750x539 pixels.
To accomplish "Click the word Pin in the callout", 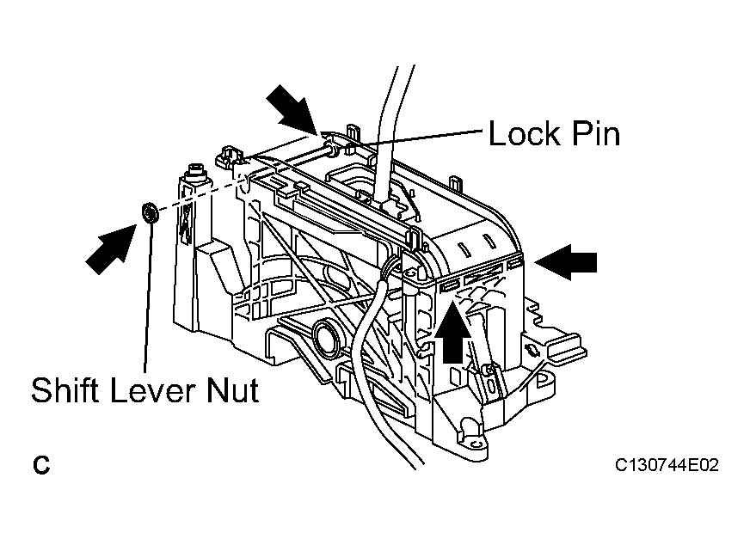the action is (596, 133).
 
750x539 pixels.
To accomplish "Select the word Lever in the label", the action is (153, 389).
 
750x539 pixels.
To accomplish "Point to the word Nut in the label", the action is (233, 389).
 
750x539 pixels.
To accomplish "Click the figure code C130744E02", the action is (667, 465).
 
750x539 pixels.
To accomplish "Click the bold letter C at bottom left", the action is (41, 465).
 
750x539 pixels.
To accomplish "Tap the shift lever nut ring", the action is (151, 211).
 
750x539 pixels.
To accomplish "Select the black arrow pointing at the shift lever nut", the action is (110, 249).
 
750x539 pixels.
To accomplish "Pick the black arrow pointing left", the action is (566, 262).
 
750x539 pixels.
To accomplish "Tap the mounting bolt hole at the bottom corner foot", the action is (476, 444).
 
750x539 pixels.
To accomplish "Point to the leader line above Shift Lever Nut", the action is (148, 297).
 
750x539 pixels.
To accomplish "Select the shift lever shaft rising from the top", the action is (390, 134).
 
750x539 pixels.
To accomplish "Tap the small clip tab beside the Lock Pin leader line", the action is (353, 134).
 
